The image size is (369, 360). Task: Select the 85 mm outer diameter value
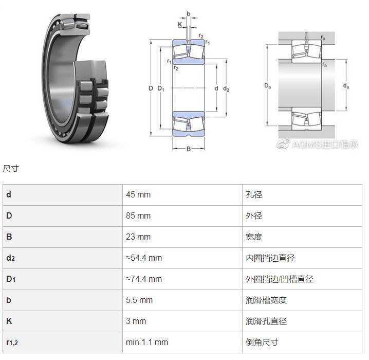[x=138, y=215]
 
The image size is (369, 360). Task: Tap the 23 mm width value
[x=138, y=237]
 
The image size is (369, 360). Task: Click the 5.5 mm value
[x=139, y=300]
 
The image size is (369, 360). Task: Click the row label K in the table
[x=9, y=321]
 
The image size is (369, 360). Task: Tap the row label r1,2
[x=12, y=343]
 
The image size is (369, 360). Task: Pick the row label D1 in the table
[x=11, y=279]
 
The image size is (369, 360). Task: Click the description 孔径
[x=254, y=195]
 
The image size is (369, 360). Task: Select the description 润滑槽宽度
[x=266, y=300]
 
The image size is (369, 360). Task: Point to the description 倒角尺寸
[x=262, y=342]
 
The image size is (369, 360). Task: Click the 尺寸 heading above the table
[x=11, y=169]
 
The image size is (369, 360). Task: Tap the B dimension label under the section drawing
[x=189, y=149]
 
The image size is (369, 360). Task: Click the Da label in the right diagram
[x=268, y=86]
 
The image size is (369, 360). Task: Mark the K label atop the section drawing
[x=180, y=24]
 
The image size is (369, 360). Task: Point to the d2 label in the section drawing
[x=226, y=89]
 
